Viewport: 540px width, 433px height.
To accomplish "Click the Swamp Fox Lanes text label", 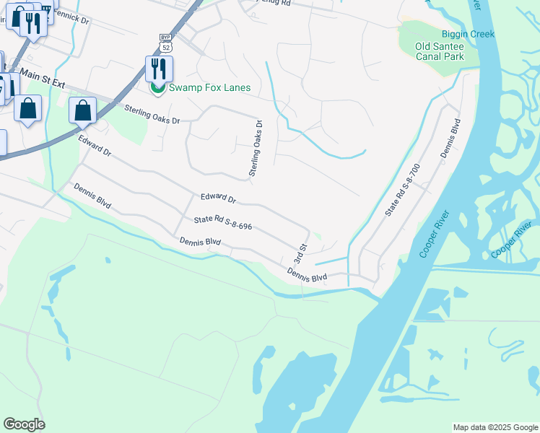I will [209, 88].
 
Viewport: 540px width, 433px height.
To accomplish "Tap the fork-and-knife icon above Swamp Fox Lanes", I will [159, 69].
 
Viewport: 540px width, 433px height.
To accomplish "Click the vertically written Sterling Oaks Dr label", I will [254, 149].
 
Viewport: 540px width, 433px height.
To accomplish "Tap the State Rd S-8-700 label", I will [402, 190].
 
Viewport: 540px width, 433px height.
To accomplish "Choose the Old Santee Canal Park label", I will [439, 51].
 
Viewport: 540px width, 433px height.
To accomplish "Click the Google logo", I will [24, 424].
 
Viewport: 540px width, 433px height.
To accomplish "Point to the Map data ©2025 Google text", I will [495, 427].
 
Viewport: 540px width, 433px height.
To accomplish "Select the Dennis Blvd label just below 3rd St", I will [307, 275].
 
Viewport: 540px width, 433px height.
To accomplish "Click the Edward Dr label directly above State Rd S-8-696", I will [218, 198].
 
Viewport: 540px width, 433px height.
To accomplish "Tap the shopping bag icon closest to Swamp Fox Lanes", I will [83, 111].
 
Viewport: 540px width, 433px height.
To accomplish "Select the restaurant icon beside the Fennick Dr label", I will [33, 24].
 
